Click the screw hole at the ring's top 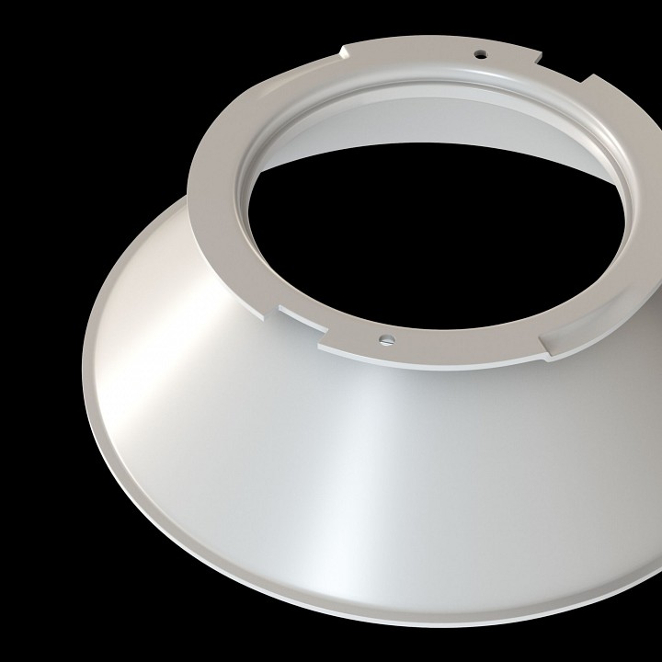pos(479,53)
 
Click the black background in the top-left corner pos(37,37)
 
